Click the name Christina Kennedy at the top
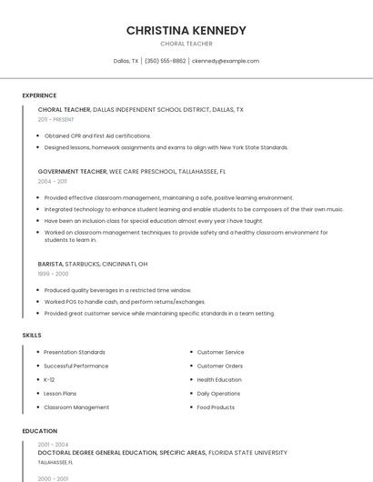(186, 30)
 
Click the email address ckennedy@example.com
(225, 61)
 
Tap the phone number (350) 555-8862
(165, 61)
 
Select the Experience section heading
(39, 95)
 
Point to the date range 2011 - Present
(55, 119)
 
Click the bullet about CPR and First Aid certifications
(97, 136)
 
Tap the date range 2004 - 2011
(52, 181)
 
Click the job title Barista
(50, 264)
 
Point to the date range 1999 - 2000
(53, 274)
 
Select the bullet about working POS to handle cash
(125, 302)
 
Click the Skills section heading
(32, 336)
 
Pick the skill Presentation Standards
(75, 352)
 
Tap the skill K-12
(49, 380)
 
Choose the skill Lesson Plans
(61, 394)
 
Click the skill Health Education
(219, 380)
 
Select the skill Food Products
(216, 407)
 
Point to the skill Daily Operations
(218, 394)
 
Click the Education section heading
(39, 431)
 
